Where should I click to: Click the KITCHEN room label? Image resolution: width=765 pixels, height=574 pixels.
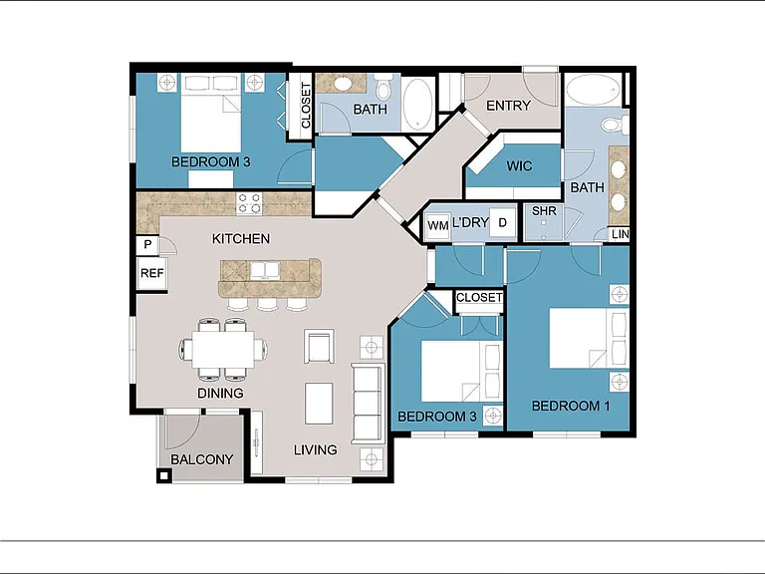click(x=241, y=239)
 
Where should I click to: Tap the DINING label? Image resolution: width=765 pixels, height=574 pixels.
click(x=220, y=393)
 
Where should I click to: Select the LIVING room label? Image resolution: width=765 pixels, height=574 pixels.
click(x=315, y=449)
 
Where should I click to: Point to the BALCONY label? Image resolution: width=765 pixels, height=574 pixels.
click(x=201, y=459)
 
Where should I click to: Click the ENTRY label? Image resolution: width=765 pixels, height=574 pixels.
click(x=508, y=106)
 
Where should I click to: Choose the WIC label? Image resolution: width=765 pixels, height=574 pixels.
click(x=519, y=166)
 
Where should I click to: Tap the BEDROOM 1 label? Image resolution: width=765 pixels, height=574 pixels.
click(x=571, y=406)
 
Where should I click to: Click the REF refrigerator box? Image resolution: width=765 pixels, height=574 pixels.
click(x=151, y=273)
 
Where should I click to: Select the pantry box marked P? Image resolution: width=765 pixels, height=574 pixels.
click(x=147, y=245)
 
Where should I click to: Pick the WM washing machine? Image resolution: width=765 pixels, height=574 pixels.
click(x=437, y=225)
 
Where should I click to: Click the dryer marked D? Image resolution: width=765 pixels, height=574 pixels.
click(x=502, y=223)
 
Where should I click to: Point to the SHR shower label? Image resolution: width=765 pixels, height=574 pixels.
click(x=544, y=211)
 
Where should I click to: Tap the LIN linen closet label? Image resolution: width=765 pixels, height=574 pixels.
click(x=621, y=234)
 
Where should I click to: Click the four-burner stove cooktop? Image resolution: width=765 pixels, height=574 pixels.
click(x=249, y=203)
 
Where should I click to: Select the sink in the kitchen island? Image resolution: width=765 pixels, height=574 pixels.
click(x=265, y=270)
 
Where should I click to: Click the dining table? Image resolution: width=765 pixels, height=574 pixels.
click(x=223, y=349)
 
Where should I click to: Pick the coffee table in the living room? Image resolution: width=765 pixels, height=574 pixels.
click(x=319, y=404)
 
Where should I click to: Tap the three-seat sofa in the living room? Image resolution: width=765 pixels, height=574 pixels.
click(x=368, y=404)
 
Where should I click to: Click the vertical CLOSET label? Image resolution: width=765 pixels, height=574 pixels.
click(x=306, y=106)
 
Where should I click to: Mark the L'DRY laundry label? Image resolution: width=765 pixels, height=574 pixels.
click(x=470, y=222)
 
